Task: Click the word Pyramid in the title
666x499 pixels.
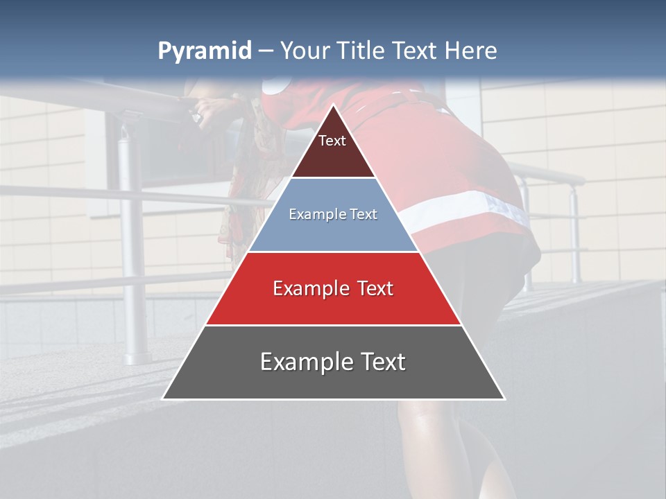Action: coord(204,51)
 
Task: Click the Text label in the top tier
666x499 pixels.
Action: coord(332,141)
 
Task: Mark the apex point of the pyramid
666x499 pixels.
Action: coord(333,105)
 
